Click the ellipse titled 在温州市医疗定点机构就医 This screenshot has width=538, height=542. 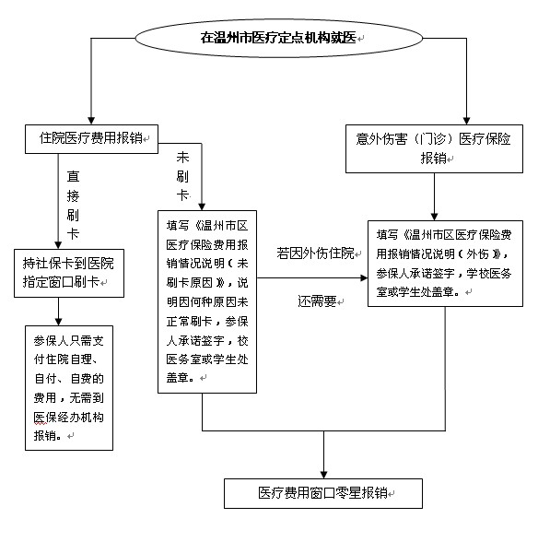pos(278,38)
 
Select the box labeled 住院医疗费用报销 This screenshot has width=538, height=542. pos(91,139)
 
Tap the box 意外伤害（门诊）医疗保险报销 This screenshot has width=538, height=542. pos(434,148)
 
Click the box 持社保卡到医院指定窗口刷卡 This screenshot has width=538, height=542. pos(69,273)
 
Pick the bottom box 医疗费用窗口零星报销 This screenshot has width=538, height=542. pos(323,493)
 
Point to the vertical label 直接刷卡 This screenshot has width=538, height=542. pos(73,206)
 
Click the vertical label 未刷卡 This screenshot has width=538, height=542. pos(182,176)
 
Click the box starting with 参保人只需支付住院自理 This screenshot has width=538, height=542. pos(69,388)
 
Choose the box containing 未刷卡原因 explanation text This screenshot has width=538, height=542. pos(207,301)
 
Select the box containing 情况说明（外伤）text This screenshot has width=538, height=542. pos(445,264)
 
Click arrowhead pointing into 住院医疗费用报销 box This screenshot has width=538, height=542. pos(91,120)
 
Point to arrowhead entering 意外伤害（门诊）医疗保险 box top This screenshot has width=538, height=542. pos(466,120)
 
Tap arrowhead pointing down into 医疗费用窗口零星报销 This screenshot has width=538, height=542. pos(323,474)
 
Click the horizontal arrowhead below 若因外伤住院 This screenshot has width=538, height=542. pos(364,277)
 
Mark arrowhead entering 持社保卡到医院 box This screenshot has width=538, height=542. pos(58,245)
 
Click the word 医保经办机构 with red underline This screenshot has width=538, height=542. pos(69,418)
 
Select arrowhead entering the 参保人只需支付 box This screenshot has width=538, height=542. pos(58,322)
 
